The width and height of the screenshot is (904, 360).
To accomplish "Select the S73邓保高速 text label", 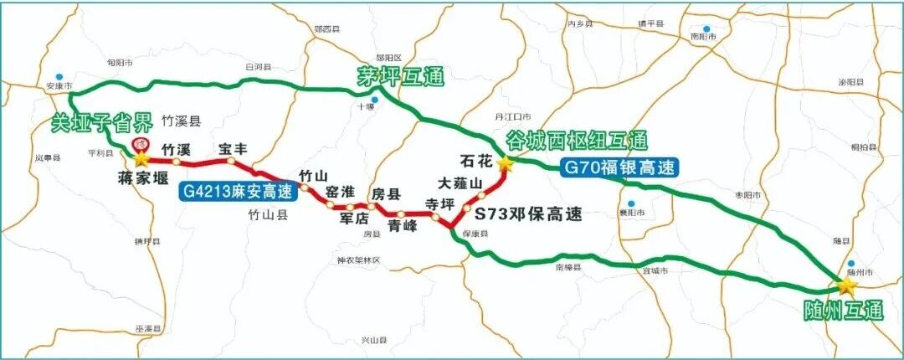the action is (528, 213).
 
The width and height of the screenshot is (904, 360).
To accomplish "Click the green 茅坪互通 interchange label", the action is (400, 77).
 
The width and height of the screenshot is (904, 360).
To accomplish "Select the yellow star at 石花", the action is (505, 164).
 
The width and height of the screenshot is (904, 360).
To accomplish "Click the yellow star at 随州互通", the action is (846, 286).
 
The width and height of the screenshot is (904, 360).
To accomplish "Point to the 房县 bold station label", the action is (387, 193).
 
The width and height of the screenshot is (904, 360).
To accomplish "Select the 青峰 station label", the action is (403, 225).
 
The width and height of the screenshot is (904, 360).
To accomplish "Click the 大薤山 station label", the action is (461, 183).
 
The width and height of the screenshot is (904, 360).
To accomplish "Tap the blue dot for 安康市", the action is (57, 75).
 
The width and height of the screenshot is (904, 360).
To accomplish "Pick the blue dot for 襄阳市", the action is (633, 203).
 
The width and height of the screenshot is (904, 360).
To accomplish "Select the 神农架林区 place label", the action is (358, 260).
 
